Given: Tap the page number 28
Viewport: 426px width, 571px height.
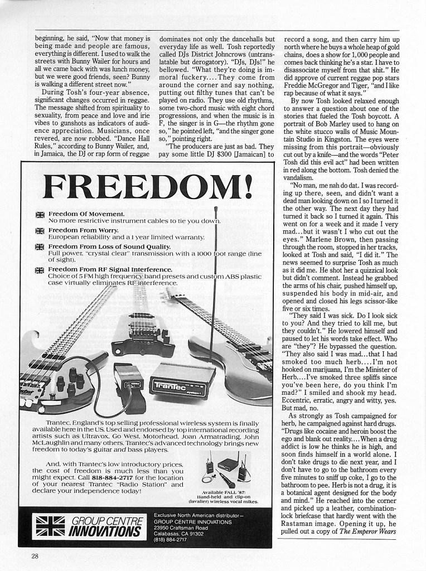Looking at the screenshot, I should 35,555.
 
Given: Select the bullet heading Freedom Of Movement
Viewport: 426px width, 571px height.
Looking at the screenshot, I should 86,214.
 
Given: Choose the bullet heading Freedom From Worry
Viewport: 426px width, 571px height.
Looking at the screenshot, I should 83,230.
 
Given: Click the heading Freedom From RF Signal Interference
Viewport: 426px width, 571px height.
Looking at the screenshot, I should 110,269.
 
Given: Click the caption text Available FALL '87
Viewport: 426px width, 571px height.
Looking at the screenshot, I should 225,492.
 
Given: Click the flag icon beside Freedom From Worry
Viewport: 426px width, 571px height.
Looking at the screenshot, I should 40,231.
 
